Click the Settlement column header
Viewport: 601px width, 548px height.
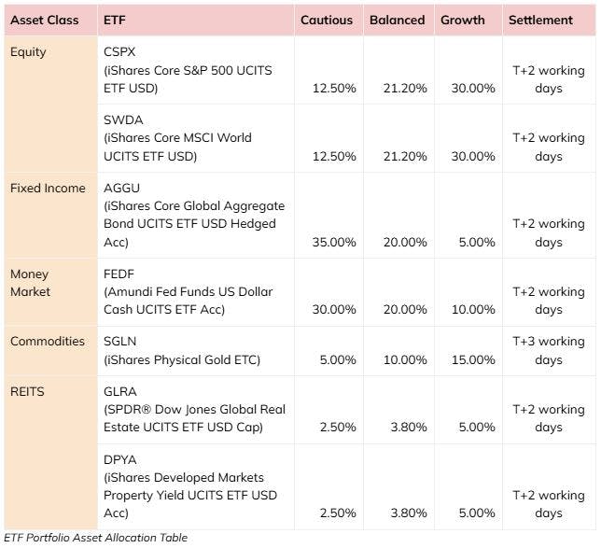[x=540, y=20]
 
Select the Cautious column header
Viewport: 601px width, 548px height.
[x=327, y=20]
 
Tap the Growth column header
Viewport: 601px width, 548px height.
[x=464, y=20]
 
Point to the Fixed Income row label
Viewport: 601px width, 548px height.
[x=48, y=188]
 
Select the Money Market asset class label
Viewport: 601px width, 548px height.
[x=30, y=283]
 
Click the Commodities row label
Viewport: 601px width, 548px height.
[x=47, y=342]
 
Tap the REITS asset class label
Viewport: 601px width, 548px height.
[x=27, y=391]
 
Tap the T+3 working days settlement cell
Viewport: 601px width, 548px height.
[x=548, y=350]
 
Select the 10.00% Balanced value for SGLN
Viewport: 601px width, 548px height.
[x=404, y=359]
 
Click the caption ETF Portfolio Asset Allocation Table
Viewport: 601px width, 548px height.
[x=95, y=538]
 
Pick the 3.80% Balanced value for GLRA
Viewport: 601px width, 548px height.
[x=408, y=427]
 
